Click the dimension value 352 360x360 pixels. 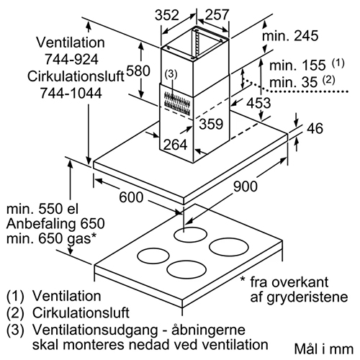click(167, 15)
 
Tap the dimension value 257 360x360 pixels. click(217, 14)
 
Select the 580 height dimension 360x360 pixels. click(138, 71)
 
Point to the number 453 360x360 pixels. click(258, 103)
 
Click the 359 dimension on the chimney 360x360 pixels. click(211, 124)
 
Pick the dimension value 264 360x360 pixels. click(175, 145)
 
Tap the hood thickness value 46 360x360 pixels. click(315, 128)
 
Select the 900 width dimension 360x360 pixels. click(246, 186)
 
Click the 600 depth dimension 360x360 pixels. click(131, 197)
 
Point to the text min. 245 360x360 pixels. click(290, 36)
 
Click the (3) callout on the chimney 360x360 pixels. click(171, 74)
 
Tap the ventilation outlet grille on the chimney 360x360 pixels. click(177, 103)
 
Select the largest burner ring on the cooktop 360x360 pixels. click(229, 247)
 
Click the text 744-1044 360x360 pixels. click(71, 93)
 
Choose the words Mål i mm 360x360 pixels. click(324, 349)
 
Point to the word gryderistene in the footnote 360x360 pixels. click(299, 297)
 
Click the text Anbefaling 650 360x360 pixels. click(55, 223)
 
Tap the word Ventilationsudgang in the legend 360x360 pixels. click(95, 330)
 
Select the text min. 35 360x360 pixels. click(294, 82)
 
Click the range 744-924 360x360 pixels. click(71, 59)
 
